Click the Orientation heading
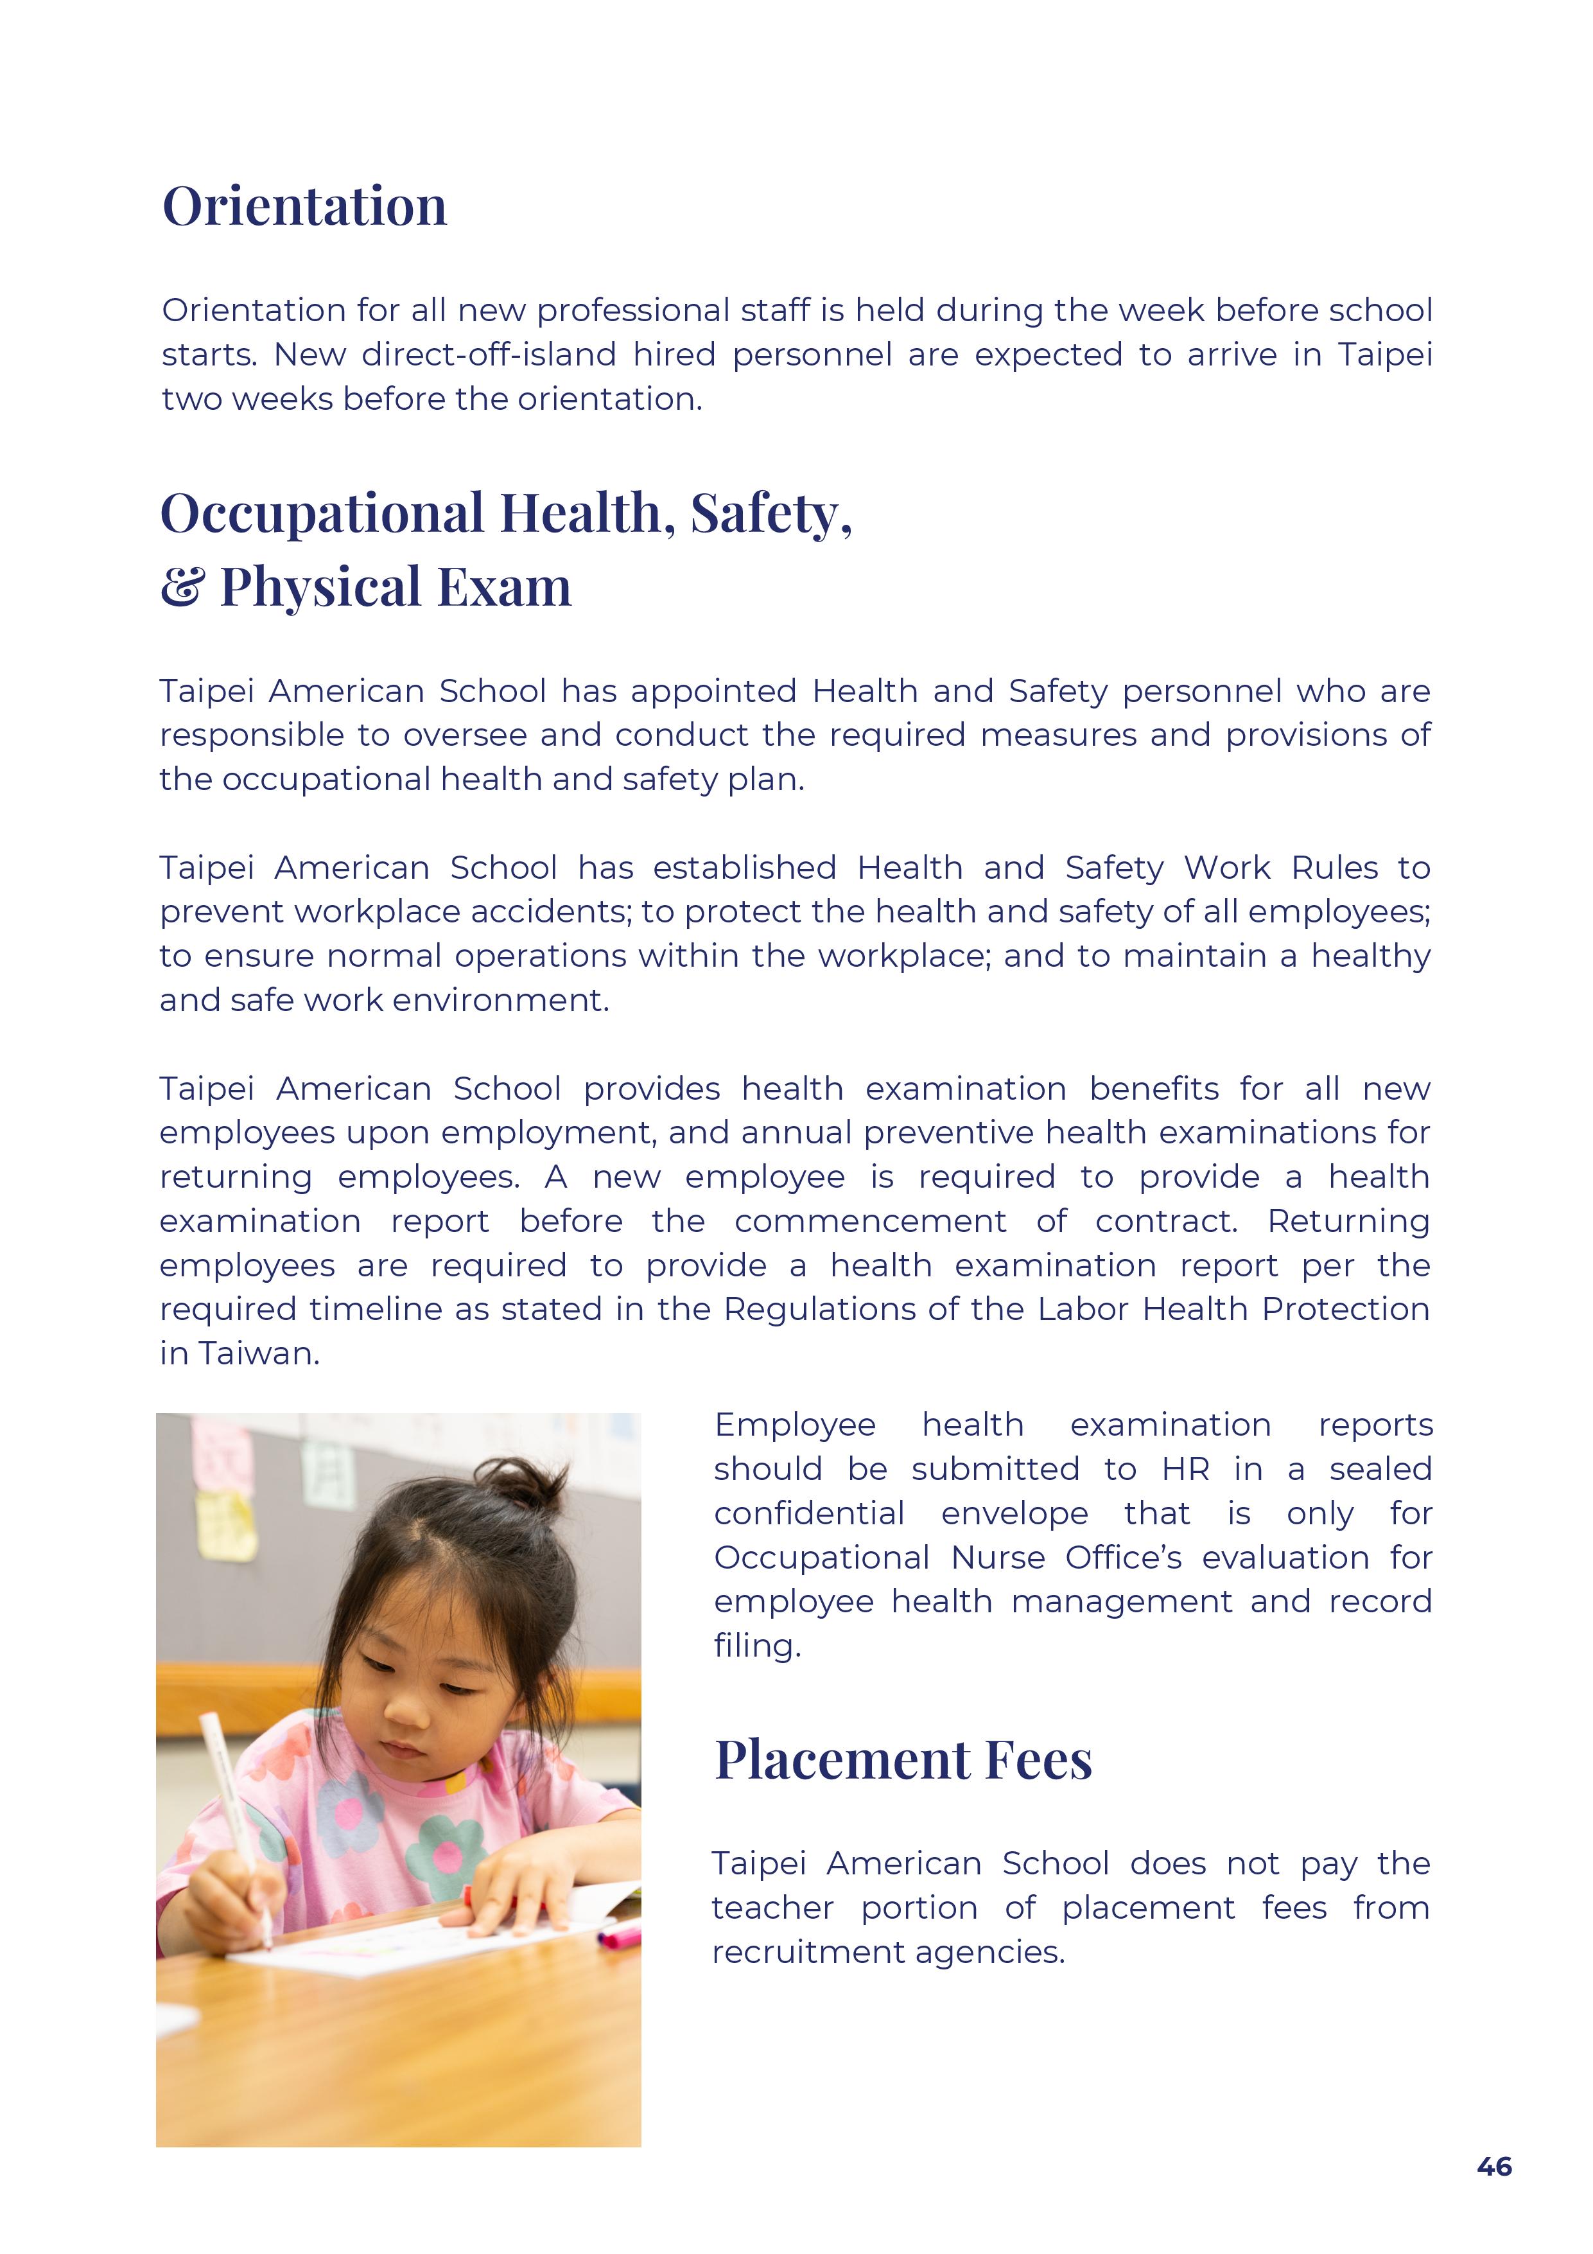304,206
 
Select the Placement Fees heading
902,1759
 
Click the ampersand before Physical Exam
182,587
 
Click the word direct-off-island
489,355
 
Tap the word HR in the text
1186,1470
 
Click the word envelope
1014,1514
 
